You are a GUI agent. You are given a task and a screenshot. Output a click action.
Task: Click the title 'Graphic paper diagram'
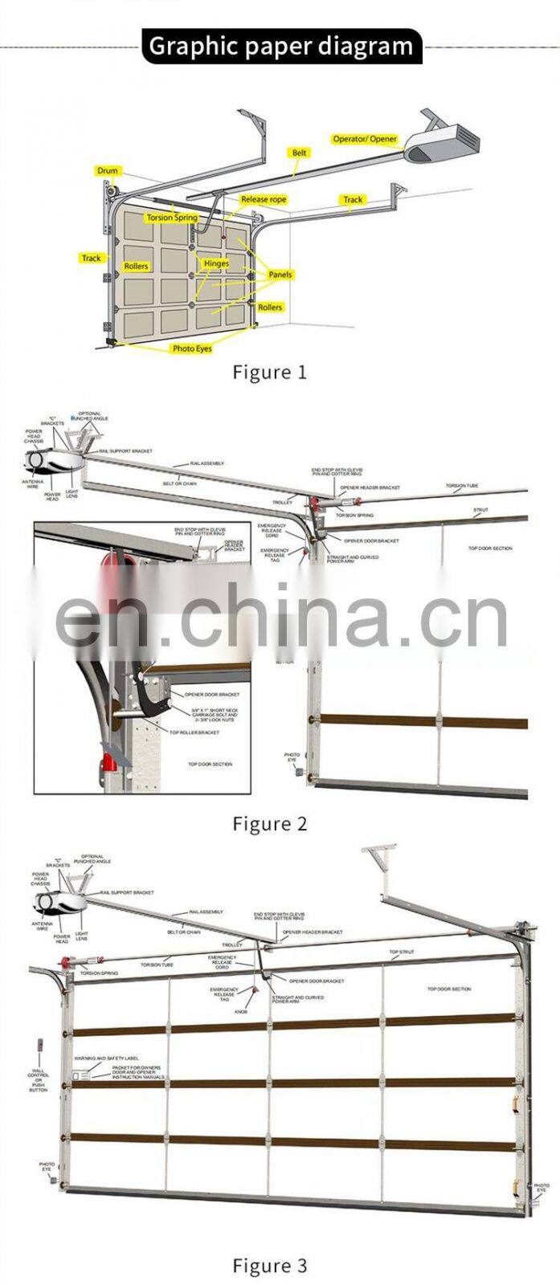click(x=280, y=46)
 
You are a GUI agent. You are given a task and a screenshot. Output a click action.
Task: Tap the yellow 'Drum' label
click(x=108, y=170)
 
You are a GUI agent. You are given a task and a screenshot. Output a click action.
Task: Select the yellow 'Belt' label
click(x=299, y=153)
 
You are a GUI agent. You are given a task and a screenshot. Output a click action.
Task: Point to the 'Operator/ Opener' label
click(x=365, y=139)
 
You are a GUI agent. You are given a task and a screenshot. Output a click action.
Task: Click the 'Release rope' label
click(x=263, y=199)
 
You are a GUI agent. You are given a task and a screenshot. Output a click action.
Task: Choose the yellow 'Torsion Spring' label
click(x=171, y=218)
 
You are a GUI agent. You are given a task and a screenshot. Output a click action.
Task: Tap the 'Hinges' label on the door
click(x=216, y=263)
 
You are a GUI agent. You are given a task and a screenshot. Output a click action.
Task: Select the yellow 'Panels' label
click(x=280, y=275)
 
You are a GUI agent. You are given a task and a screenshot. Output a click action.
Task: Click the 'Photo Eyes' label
click(x=192, y=349)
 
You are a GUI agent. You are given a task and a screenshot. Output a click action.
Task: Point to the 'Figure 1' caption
click(x=270, y=372)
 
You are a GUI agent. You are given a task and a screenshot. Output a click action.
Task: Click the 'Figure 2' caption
click(x=270, y=823)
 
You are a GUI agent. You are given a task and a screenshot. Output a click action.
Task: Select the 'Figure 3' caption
click(x=270, y=1266)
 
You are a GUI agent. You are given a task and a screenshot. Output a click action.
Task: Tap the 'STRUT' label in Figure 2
click(x=480, y=510)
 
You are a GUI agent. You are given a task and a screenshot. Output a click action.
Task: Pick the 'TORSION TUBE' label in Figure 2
click(x=462, y=486)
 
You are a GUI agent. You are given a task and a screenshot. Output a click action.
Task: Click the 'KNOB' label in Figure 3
click(x=241, y=1012)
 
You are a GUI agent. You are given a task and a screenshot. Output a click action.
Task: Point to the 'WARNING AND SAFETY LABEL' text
click(x=106, y=1059)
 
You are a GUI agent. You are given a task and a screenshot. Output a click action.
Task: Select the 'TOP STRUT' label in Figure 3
click(x=402, y=953)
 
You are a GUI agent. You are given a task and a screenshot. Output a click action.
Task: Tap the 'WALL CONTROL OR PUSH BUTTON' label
click(x=38, y=1080)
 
